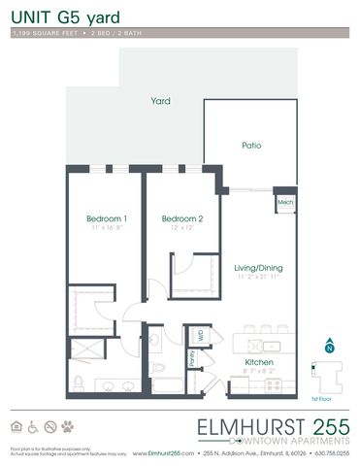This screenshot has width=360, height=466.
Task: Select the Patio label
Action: point(251,146)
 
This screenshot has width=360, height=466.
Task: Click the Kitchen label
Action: point(259,364)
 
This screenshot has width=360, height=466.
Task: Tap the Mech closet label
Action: point(284,202)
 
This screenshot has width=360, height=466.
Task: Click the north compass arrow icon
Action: point(329,346)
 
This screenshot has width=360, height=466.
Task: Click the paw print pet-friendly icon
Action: point(67,425)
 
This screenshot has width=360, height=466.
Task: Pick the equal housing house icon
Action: point(16,425)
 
